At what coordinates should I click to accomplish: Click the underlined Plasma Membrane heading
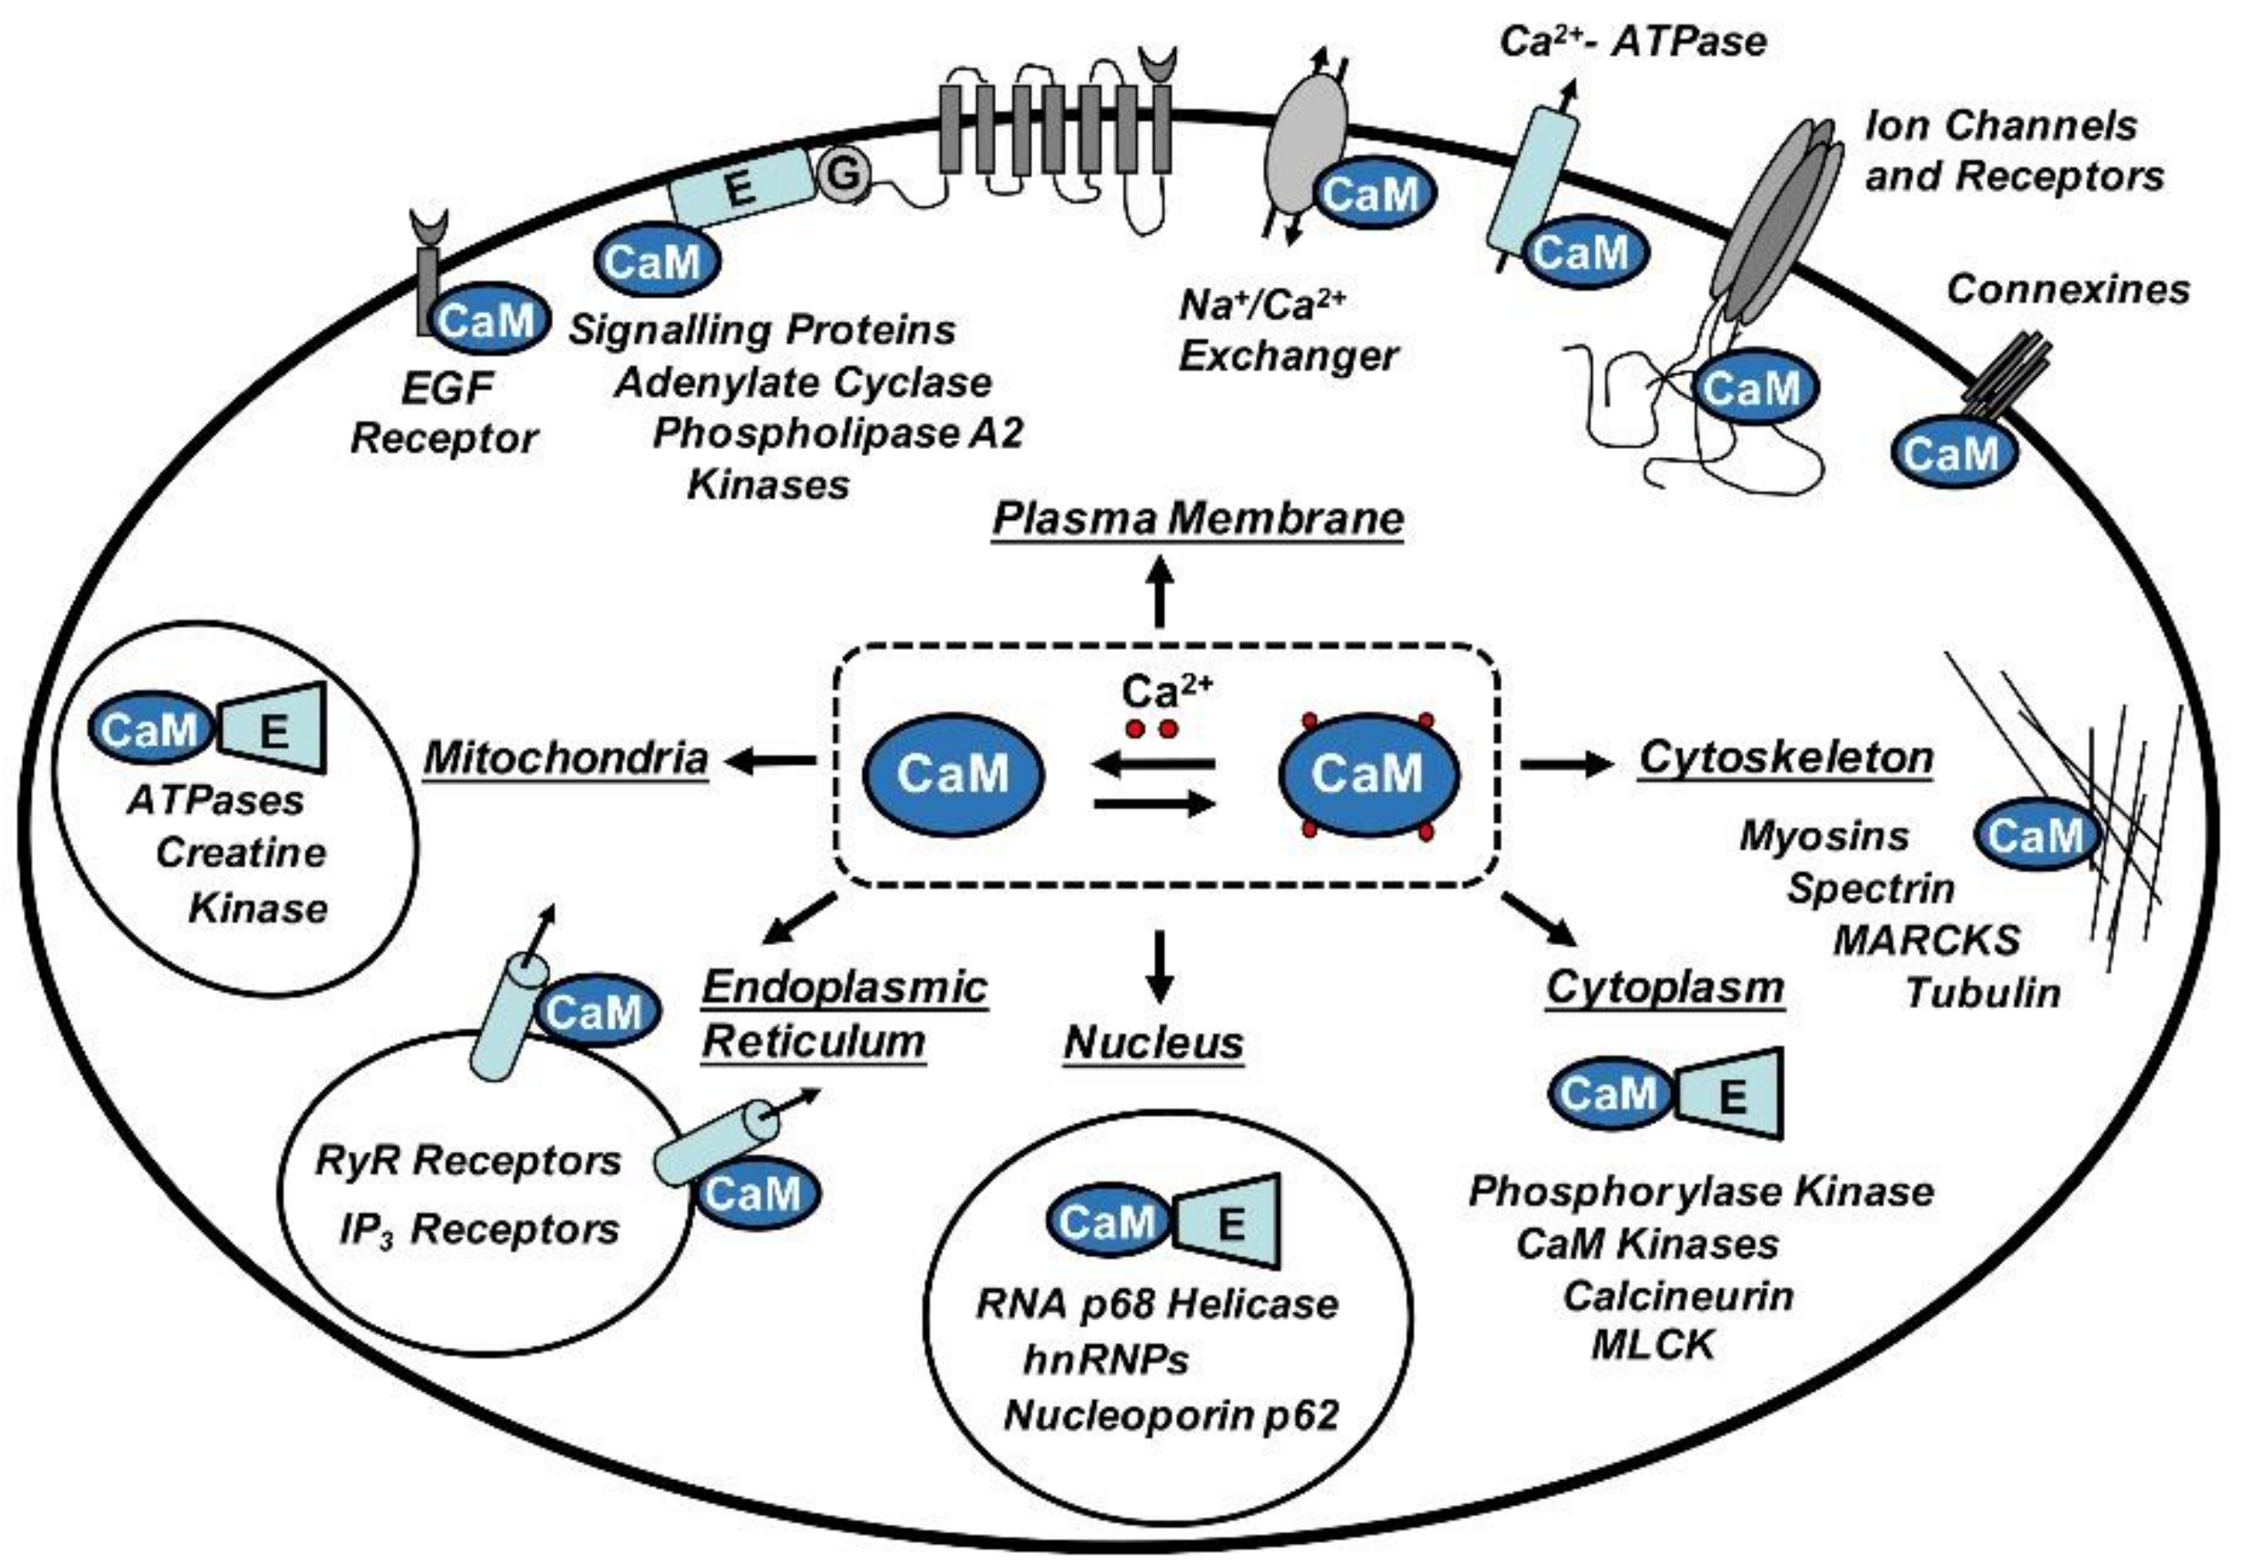click(1197, 517)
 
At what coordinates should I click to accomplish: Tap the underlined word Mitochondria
click(565, 759)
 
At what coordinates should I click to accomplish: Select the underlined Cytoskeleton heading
click(1786, 759)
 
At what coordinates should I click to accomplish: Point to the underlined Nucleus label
click(1153, 1043)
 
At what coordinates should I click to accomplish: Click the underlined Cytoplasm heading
click(1665, 987)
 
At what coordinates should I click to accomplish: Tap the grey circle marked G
click(841, 175)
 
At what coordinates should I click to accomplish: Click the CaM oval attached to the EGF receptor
click(488, 320)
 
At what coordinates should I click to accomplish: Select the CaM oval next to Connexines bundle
click(1952, 454)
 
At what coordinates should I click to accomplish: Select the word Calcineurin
click(1678, 1296)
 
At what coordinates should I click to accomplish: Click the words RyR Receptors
click(468, 1161)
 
